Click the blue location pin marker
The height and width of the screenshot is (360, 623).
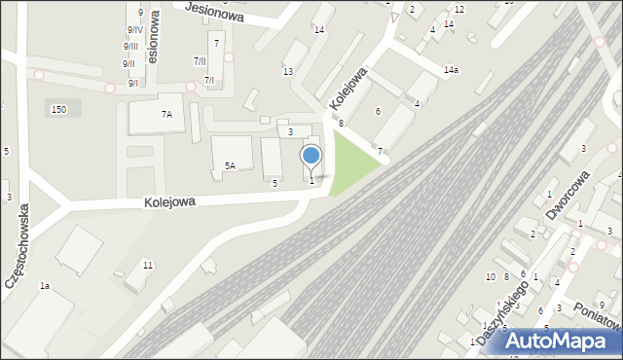pyautogui.click(x=311, y=157)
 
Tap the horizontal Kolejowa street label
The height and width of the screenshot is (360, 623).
pyautogui.click(x=170, y=202)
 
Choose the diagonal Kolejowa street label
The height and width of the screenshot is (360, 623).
pyautogui.click(x=348, y=89)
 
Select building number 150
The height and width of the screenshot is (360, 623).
pyautogui.click(x=58, y=110)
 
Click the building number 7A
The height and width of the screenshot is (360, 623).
pyautogui.click(x=165, y=115)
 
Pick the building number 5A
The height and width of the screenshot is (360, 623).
pyautogui.click(x=230, y=166)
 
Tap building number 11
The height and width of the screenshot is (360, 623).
pyautogui.click(x=147, y=265)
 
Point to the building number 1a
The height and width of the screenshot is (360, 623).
pyautogui.click(x=44, y=286)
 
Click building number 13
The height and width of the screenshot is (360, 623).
pyautogui.click(x=288, y=72)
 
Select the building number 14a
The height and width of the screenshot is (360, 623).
pyautogui.click(x=451, y=70)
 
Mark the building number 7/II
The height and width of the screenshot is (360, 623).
pyautogui.click(x=199, y=61)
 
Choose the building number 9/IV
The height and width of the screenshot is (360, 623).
pyautogui.click(x=133, y=29)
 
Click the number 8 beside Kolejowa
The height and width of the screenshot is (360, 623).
pyautogui.click(x=341, y=124)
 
